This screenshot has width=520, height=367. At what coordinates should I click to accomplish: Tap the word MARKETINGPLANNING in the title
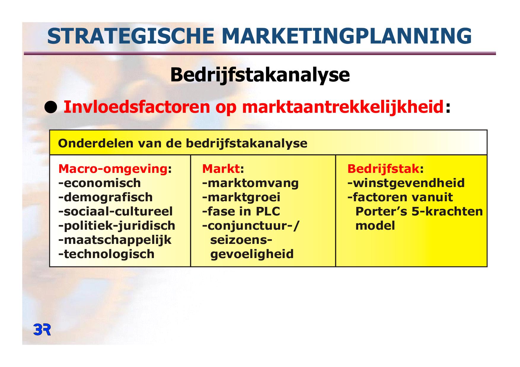click(x=347, y=36)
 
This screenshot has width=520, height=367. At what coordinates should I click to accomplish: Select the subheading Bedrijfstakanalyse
click(x=260, y=75)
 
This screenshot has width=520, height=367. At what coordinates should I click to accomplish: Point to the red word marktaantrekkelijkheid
click(x=343, y=107)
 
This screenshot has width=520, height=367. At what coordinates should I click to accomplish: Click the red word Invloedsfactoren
click(x=137, y=107)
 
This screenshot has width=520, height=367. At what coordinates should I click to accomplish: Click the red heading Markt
click(x=221, y=169)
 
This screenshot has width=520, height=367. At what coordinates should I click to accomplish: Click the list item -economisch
click(x=100, y=183)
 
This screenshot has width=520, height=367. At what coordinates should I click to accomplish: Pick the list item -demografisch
click(x=106, y=197)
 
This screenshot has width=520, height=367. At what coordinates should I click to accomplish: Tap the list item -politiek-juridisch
click(x=117, y=226)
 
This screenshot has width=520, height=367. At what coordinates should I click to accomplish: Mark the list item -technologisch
click(x=106, y=254)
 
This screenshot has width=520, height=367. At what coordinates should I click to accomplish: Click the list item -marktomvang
click(x=251, y=183)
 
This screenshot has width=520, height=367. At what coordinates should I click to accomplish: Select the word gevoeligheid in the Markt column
click(x=252, y=254)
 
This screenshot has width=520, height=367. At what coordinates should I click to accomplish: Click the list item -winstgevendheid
click(x=406, y=183)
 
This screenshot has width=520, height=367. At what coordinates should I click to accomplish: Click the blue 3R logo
click(x=42, y=330)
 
